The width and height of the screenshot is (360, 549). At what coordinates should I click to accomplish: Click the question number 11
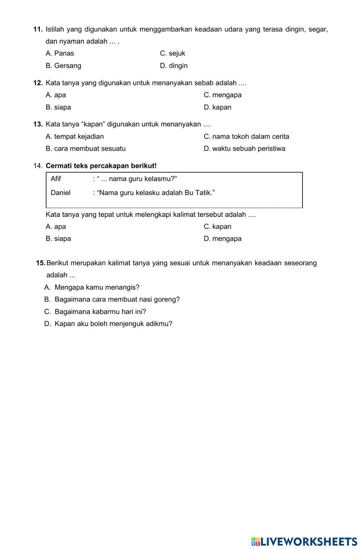point(38,29)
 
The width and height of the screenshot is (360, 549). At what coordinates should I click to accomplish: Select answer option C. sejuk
point(172,53)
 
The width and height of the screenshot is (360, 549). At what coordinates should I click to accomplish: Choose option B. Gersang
point(63,66)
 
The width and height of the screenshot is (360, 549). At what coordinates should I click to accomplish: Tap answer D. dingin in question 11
point(174,66)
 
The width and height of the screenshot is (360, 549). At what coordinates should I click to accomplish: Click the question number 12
point(38,83)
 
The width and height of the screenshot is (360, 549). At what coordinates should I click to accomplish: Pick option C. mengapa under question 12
point(222,95)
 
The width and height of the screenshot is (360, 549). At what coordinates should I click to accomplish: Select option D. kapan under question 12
point(217,107)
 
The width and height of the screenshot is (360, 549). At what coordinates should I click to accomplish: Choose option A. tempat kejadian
point(75,137)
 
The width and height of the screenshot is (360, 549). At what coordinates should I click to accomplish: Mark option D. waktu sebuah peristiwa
point(244,148)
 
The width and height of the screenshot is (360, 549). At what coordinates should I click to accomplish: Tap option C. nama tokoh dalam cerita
point(246,137)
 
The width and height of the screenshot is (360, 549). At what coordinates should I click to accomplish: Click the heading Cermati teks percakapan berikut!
point(102,166)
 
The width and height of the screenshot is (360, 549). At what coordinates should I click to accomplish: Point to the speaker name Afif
point(56,179)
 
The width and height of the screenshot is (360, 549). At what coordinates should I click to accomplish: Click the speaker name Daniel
point(60,193)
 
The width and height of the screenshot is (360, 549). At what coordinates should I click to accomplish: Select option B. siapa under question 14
point(58,238)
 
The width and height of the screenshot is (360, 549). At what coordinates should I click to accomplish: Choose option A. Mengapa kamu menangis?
point(92,287)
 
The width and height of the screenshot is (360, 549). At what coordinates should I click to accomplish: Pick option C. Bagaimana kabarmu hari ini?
point(95,312)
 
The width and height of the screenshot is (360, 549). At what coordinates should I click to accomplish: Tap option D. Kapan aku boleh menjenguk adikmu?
point(108,323)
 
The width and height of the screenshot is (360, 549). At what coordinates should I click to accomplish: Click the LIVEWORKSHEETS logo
point(304,541)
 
